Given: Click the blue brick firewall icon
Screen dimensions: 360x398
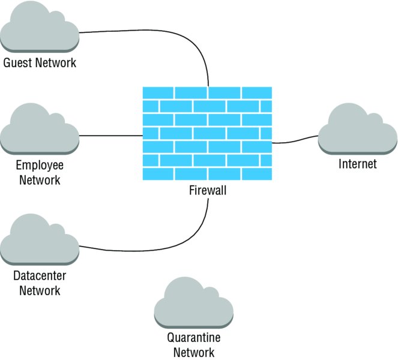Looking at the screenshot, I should [x=207, y=133].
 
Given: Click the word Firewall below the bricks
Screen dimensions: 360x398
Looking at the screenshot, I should [x=207, y=191].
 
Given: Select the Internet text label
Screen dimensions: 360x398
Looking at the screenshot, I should [x=358, y=164].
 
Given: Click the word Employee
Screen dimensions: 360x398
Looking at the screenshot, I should [x=40, y=166].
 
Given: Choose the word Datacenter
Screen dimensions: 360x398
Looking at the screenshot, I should [x=40, y=277].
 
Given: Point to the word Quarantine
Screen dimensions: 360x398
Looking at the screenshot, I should [x=193, y=339].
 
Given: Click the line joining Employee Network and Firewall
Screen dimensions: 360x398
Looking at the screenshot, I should [x=111, y=136].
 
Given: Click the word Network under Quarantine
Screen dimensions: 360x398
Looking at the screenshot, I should [x=193, y=353].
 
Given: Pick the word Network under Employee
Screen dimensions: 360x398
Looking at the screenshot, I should [x=40, y=179].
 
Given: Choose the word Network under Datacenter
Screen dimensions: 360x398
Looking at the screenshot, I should [x=40, y=291].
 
